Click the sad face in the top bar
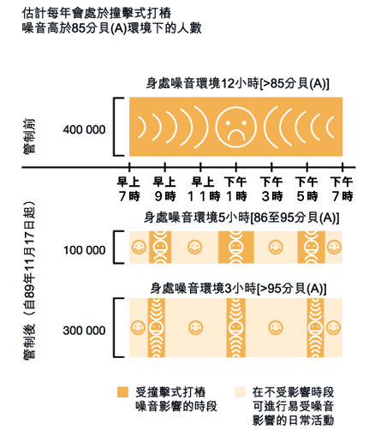[235, 127]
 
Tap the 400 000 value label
[84, 130]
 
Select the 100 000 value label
[84, 250]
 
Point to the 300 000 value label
[84, 331]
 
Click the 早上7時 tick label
[129, 189]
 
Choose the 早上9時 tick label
[164, 189]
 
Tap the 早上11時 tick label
[203, 189]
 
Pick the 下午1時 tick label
[235, 189]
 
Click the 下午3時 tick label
[271, 189]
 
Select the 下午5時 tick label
[307, 189]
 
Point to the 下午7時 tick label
[342, 189]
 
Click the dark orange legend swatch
[122, 392]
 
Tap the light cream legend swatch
[240, 392]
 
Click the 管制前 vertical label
[29, 137]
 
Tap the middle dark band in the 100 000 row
[236, 247]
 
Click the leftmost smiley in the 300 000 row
[138, 327]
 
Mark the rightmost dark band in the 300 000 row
[315, 328]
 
